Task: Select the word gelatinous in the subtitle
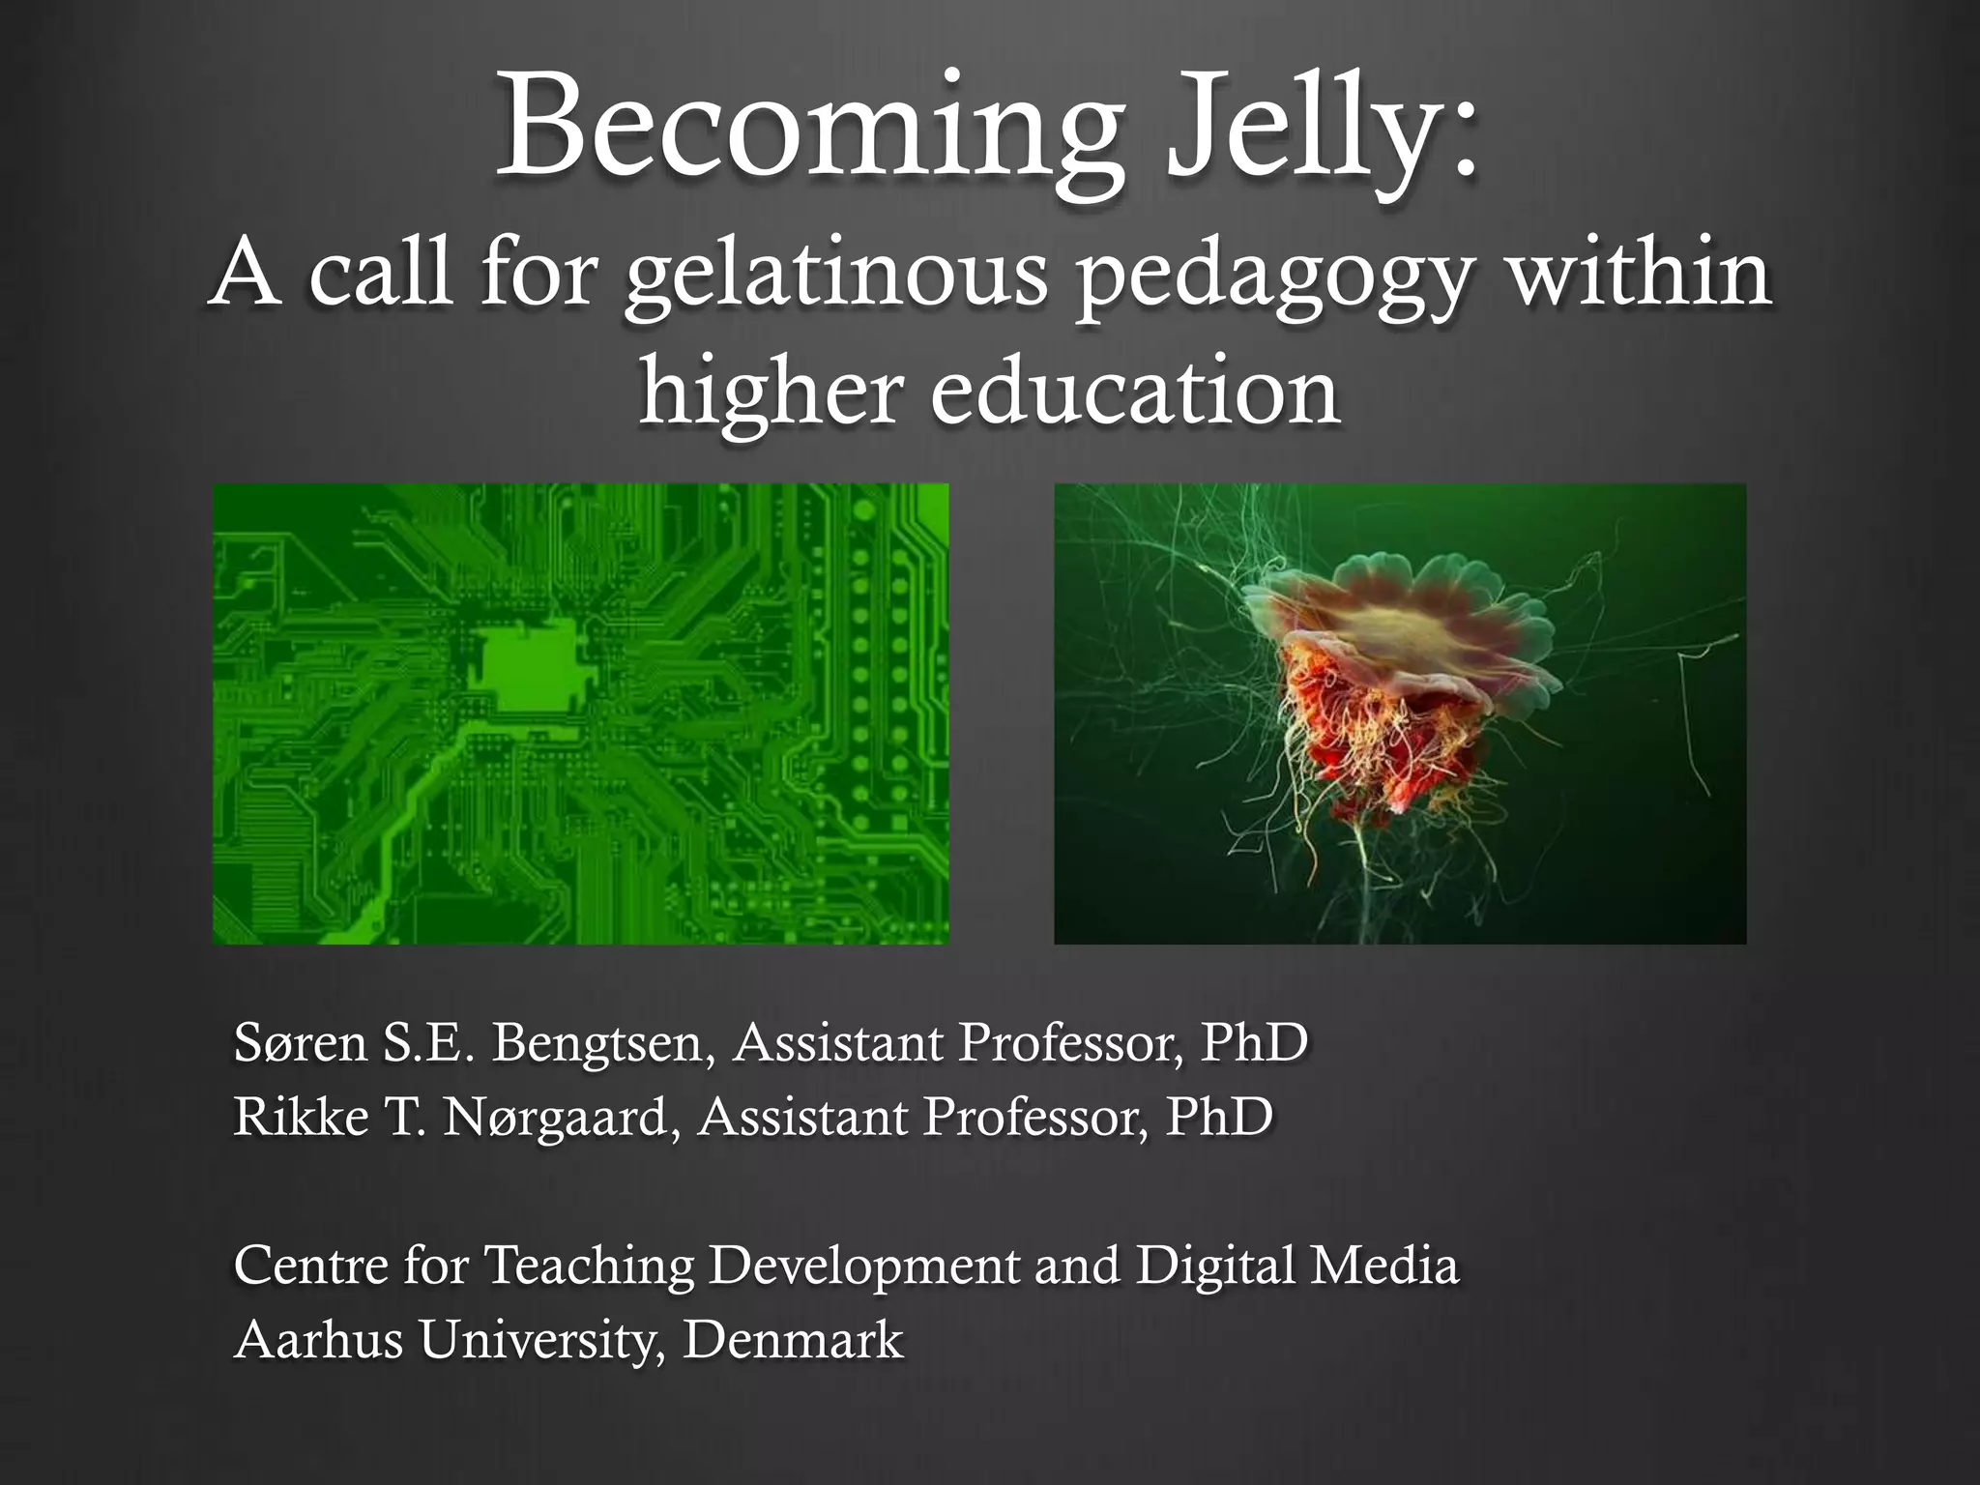(835, 275)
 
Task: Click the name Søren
(300, 1043)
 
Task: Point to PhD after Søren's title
(1254, 1043)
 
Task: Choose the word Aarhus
(318, 1340)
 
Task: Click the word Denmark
(793, 1340)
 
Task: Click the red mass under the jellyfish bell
(1373, 735)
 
